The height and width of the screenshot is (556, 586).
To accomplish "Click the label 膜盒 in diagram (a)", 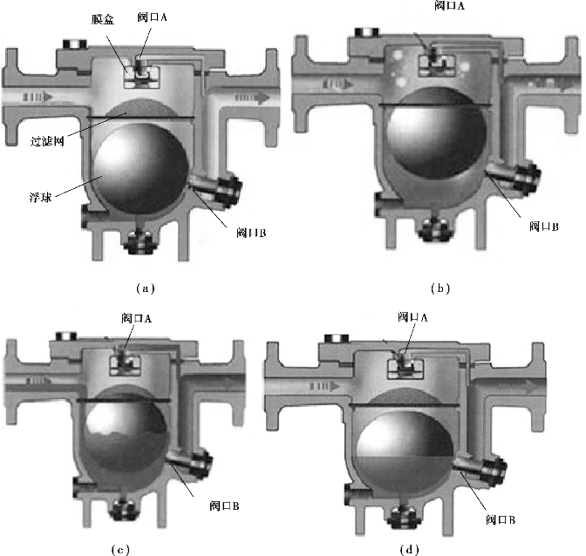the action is [x=103, y=20].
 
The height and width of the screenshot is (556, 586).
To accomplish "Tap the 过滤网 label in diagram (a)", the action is [x=47, y=141].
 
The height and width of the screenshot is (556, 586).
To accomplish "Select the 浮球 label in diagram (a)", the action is [x=40, y=197].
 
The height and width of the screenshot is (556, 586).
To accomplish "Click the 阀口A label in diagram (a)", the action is [x=152, y=17].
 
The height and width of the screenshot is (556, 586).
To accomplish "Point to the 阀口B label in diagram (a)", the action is [x=251, y=233].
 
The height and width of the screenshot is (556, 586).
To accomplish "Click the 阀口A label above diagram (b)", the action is [x=450, y=5].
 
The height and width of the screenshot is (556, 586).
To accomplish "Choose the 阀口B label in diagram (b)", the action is [x=544, y=227].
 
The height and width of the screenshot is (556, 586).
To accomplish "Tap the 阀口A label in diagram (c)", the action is [x=136, y=318].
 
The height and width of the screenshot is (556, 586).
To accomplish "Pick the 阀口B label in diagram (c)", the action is [x=225, y=506].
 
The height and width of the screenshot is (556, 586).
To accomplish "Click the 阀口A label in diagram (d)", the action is [x=413, y=317].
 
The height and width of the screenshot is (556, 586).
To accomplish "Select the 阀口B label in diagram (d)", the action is [x=501, y=519].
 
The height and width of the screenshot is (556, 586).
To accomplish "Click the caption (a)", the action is [x=146, y=288].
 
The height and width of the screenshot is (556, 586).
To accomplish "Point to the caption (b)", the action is [x=440, y=288].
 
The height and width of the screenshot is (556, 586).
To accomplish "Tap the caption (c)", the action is [x=120, y=550].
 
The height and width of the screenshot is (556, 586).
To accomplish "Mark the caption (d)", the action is [x=410, y=550].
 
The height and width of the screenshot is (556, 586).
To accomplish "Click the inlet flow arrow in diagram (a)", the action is [x=37, y=97].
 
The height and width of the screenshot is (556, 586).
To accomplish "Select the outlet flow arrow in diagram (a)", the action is [x=252, y=98].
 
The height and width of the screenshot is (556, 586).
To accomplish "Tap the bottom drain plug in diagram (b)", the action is [x=435, y=229].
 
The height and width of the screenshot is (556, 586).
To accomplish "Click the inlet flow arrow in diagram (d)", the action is [x=324, y=386].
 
